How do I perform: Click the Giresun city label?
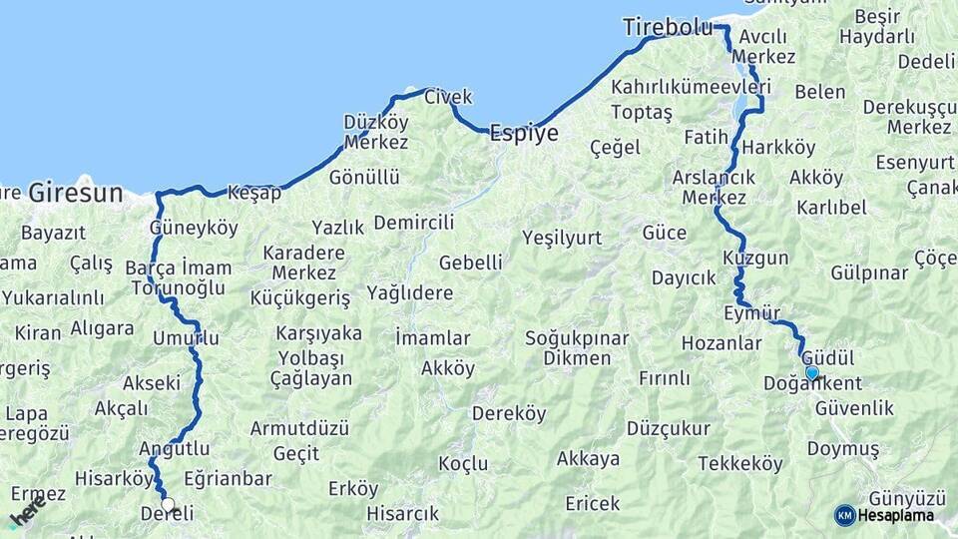tap(75, 192)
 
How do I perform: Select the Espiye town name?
tap(523, 135)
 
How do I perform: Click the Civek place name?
tap(448, 97)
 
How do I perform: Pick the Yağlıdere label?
tap(409, 293)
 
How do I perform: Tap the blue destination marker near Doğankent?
tap(812, 373)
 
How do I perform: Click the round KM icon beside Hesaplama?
tap(844, 515)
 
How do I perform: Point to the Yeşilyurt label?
tap(562, 238)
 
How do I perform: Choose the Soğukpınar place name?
tap(577, 338)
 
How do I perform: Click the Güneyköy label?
tap(194, 228)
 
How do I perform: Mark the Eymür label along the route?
tap(751, 313)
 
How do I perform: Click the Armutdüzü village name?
tap(299, 428)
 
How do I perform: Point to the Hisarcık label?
tap(402, 514)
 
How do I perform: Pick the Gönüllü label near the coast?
tap(364, 178)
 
